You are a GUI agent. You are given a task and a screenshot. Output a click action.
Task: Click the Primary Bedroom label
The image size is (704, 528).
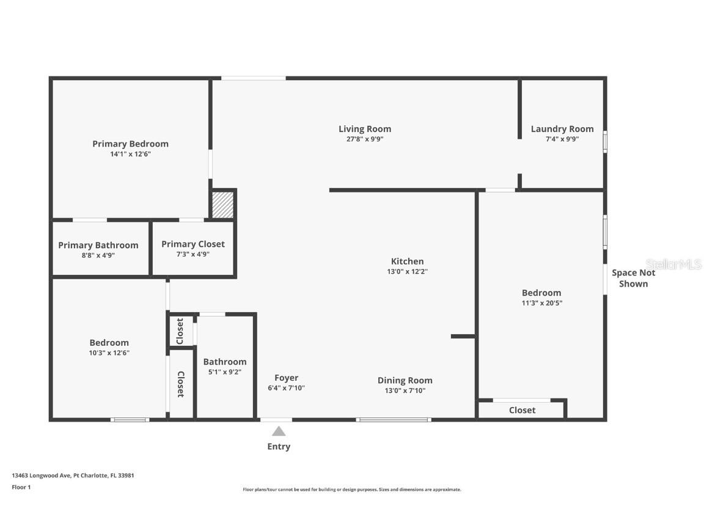coord(130,144)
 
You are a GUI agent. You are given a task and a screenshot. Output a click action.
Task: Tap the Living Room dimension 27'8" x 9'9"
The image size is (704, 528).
coord(365,139)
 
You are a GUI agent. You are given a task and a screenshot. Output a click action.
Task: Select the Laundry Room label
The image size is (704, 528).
coord(562,129)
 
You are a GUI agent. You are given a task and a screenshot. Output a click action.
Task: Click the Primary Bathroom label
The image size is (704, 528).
coord(98,245)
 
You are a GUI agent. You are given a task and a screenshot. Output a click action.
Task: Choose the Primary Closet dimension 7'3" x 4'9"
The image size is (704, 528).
coord(193,254)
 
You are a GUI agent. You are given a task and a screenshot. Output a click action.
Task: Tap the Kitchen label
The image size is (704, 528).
coord(407,262)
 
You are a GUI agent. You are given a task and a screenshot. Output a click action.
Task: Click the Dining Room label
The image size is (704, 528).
coord(405,381)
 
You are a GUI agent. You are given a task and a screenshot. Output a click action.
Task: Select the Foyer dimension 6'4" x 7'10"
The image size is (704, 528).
coord(286,388)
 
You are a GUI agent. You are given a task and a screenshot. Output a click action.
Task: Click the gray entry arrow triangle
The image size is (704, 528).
coord(279,431)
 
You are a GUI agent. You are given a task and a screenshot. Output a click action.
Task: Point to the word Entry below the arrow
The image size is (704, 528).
coord(279,447)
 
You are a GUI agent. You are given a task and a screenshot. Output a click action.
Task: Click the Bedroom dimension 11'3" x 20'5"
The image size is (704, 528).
coord(541,303)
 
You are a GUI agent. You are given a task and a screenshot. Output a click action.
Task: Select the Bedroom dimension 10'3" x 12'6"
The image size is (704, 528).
coord(109,353)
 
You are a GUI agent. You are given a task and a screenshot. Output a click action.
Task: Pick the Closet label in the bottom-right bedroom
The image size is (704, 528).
coord(522,410)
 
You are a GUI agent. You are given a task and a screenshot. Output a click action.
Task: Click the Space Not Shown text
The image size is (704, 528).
coord(633,278)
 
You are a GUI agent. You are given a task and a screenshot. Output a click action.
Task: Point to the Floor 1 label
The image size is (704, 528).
coord(21,487)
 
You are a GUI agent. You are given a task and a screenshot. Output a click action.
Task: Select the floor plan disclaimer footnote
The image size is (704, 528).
coord(352,490)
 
